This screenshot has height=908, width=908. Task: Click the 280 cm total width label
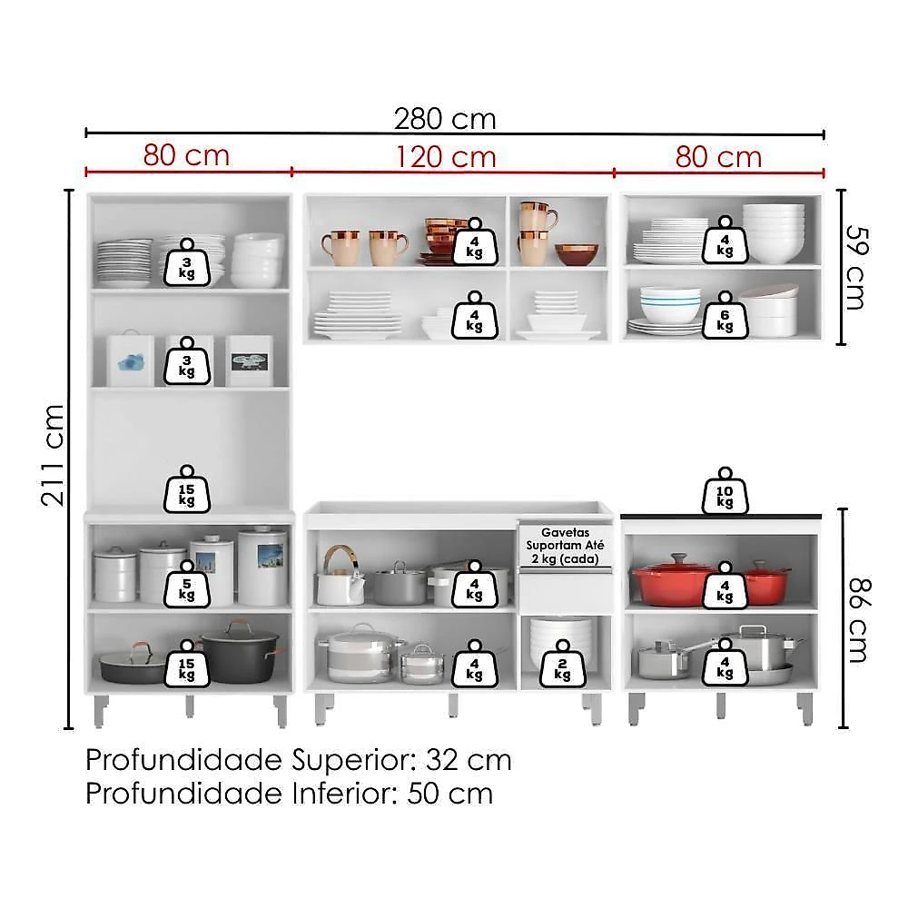445,119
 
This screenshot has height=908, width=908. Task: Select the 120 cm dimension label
446,157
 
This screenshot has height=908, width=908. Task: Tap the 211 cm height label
53,456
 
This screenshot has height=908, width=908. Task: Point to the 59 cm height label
857,267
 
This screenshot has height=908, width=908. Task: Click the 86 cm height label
859,620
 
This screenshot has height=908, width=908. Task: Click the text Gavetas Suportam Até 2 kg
565,546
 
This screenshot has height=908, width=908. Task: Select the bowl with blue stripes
670,305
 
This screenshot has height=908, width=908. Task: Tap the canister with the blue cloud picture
130,360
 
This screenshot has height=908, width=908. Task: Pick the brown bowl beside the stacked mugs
577,254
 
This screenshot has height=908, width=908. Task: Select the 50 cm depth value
450,794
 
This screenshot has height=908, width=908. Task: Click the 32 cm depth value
469,760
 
